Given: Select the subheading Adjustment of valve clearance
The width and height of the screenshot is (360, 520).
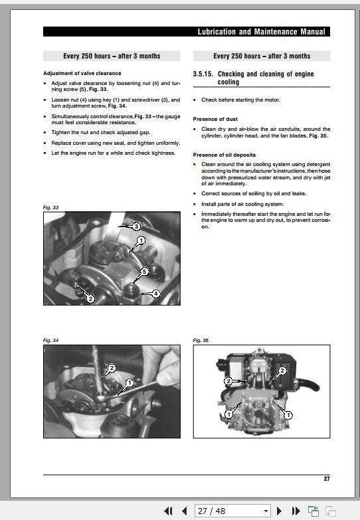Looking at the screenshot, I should [x=82, y=73].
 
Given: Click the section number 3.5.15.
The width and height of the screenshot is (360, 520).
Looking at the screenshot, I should [x=203, y=74].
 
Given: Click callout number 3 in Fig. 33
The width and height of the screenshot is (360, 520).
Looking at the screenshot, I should [x=135, y=226].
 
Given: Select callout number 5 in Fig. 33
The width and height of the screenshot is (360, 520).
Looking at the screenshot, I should [x=145, y=272].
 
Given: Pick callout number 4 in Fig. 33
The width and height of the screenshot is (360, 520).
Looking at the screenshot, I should [x=155, y=293].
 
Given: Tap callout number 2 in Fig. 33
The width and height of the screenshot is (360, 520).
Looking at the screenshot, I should [x=91, y=298].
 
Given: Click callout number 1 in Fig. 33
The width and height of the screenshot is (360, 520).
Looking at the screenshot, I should [x=141, y=240].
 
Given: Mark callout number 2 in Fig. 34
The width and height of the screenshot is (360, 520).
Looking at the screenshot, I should [x=112, y=368].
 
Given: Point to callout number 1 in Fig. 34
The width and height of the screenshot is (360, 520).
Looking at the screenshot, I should [x=130, y=383].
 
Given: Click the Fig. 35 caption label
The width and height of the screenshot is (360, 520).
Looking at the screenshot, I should [x=201, y=341].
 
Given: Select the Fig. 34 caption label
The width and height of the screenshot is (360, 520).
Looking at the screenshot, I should [x=51, y=341].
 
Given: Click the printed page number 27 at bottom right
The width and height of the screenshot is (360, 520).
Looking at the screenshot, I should [x=326, y=479].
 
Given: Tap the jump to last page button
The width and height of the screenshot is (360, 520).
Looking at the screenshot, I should [x=296, y=511].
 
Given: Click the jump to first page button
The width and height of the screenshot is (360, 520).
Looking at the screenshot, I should [x=169, y=511].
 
